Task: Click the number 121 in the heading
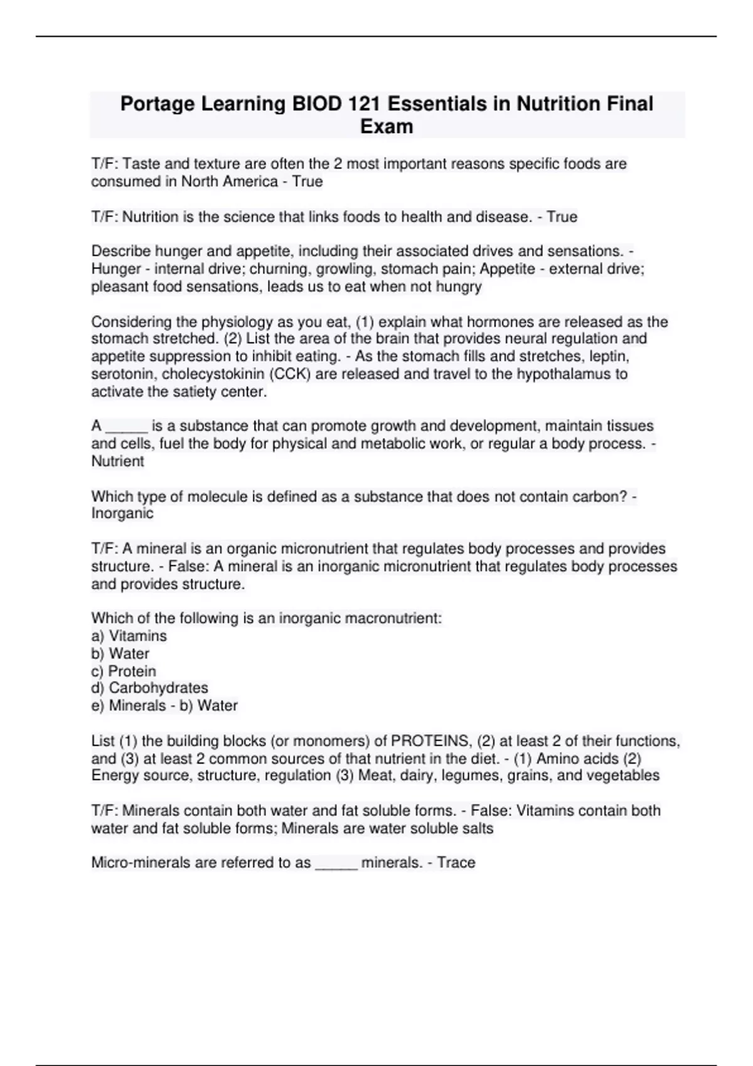pyautogui.click(x=364, y=103)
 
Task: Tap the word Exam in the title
pyautogui.click(x=387, y=127)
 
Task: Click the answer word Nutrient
pyautogui.click(x=117, y=462)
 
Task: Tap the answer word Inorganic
pyautogui.click(x=122, y=514)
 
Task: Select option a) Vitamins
pyautogui.click(x=129, y=636)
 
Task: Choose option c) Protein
pyautogui.click(x=124, y=671)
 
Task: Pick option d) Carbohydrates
pyautogui.click(x=150, y=688)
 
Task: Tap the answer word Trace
pyautogui.click(x=456, y=863)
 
